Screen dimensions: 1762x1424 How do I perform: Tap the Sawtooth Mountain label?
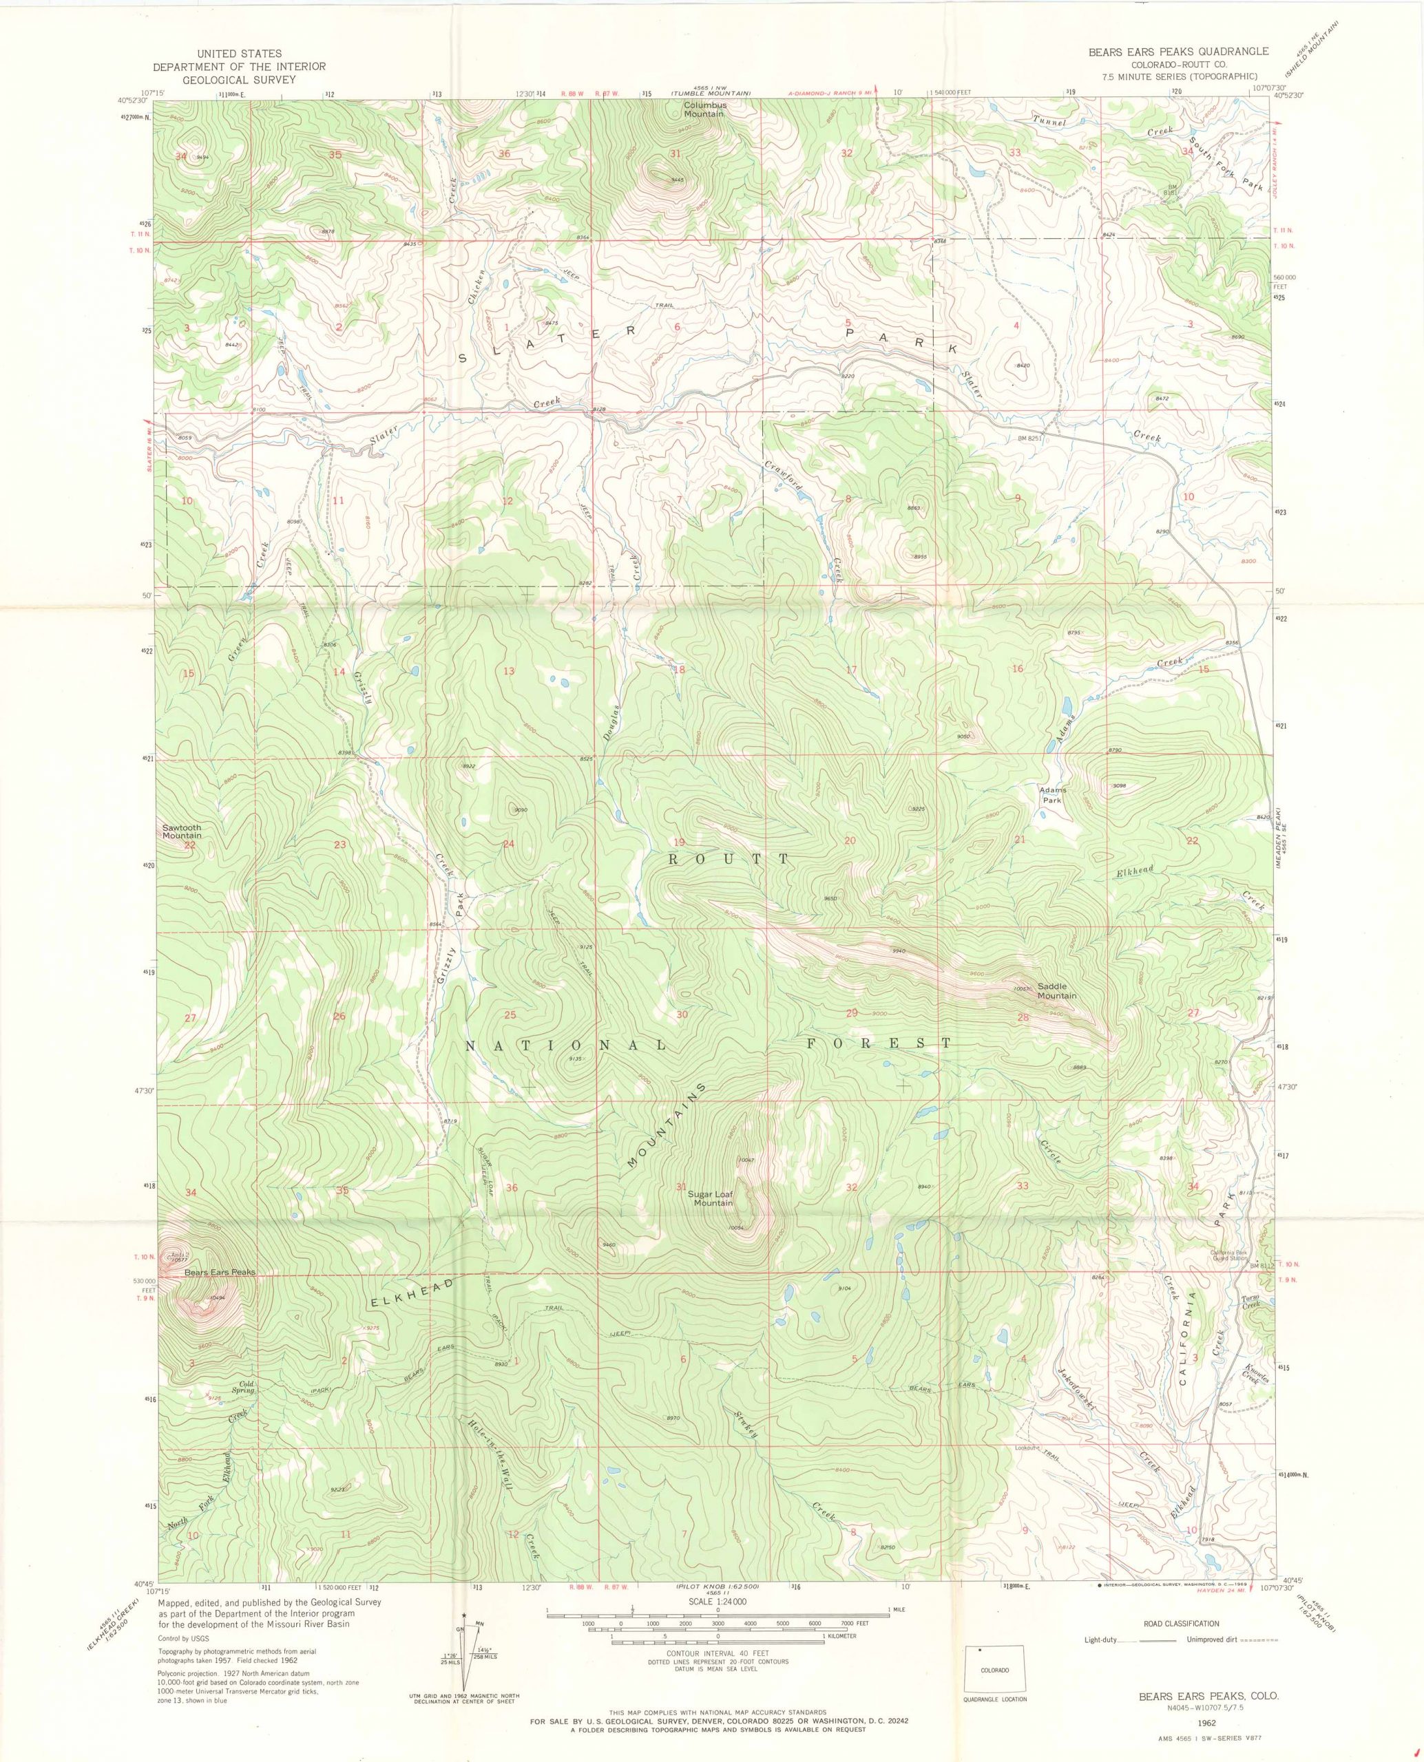[x=181, y=831]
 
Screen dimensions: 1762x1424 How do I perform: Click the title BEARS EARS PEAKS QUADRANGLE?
[x=1178, y=52]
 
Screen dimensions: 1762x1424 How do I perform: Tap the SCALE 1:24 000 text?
[x=711, y=1555]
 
